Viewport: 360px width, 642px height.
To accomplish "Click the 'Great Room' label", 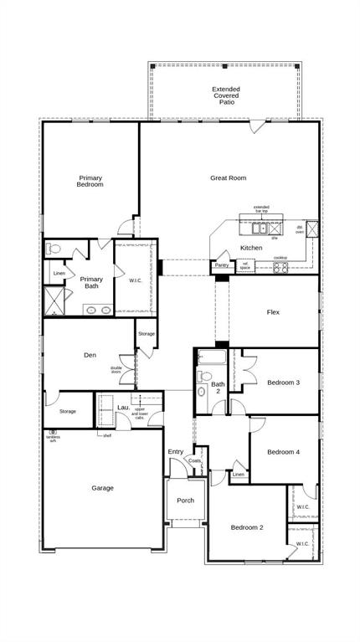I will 228,177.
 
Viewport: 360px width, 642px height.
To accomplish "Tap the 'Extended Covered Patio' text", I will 225,95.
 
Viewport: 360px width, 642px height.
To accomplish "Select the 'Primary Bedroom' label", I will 90,181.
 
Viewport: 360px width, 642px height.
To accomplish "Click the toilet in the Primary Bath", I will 54,249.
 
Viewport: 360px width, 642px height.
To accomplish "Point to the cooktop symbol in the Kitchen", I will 280,268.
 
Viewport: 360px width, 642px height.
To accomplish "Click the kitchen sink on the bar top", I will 262,227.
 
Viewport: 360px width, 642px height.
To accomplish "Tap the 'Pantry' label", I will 221,265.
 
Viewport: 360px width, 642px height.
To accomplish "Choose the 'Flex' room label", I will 273,312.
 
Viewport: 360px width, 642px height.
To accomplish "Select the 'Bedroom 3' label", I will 283,383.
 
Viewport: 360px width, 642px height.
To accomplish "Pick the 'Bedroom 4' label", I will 283,452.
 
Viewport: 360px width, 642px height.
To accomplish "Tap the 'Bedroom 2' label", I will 247,527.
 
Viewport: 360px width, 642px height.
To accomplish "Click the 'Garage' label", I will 103,488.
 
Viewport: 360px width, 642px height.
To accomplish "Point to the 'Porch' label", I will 185,501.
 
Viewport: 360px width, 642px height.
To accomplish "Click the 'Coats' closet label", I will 195,460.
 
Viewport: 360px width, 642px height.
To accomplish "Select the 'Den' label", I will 90,355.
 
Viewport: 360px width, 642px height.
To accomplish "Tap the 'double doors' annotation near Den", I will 116,369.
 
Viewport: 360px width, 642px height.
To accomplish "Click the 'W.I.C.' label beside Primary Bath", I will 136,280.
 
